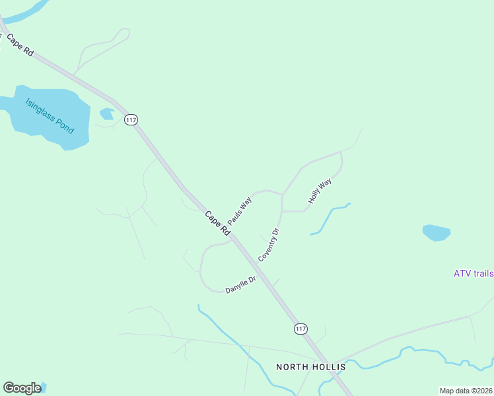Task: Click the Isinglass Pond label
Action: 50,116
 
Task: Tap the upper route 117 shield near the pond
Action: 131,119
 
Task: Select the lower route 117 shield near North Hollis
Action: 300,329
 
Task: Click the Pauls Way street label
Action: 240,211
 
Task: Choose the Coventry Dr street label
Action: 269,245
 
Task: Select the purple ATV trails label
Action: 473,273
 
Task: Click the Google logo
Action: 22,388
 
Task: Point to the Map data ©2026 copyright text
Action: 466,391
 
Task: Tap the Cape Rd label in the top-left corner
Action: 20,46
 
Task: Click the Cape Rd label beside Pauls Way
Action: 217,223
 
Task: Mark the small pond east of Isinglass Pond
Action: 106,114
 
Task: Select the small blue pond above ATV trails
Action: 436,232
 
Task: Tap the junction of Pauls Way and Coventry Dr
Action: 283,195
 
